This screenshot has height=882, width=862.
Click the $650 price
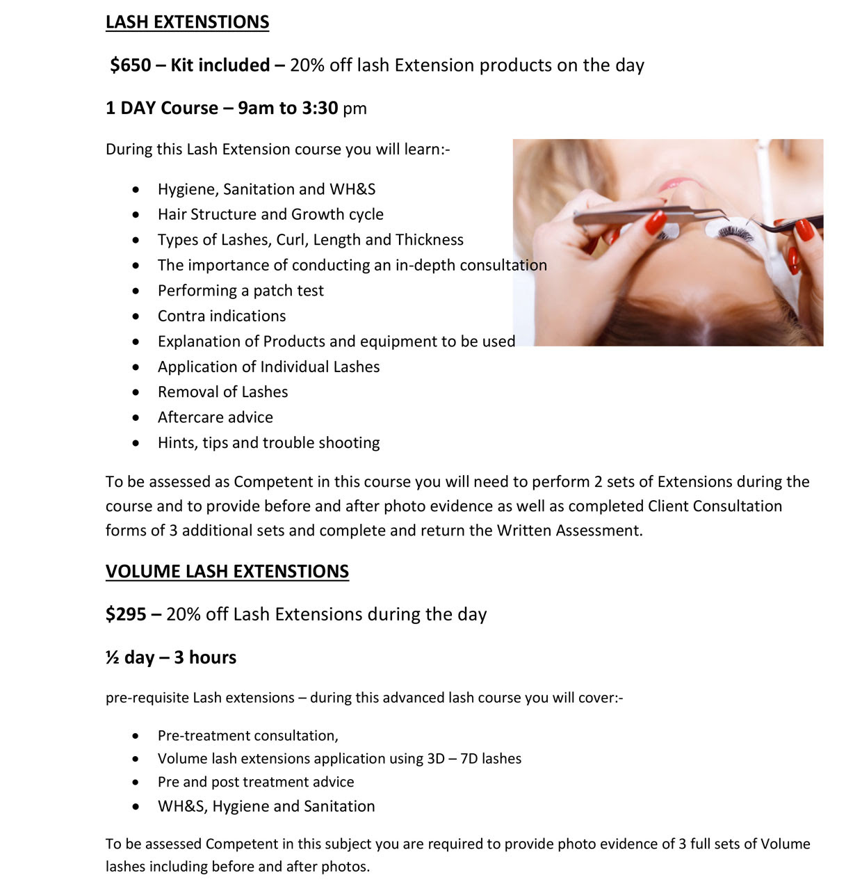(131, 65)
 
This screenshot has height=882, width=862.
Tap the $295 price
(126, 614)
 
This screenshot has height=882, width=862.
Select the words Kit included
(220, 65)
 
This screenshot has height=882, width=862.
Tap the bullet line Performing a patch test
(241, 291)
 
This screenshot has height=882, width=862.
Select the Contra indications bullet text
(222, 316)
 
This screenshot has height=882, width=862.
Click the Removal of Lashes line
(222, 392)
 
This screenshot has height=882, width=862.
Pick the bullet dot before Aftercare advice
(136, 418)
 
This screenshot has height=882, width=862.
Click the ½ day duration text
(130, 658)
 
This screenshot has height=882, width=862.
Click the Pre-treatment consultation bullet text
(247, 736)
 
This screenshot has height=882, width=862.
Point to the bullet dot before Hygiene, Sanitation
(136, 190)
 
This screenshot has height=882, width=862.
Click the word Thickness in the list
(429, 240)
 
